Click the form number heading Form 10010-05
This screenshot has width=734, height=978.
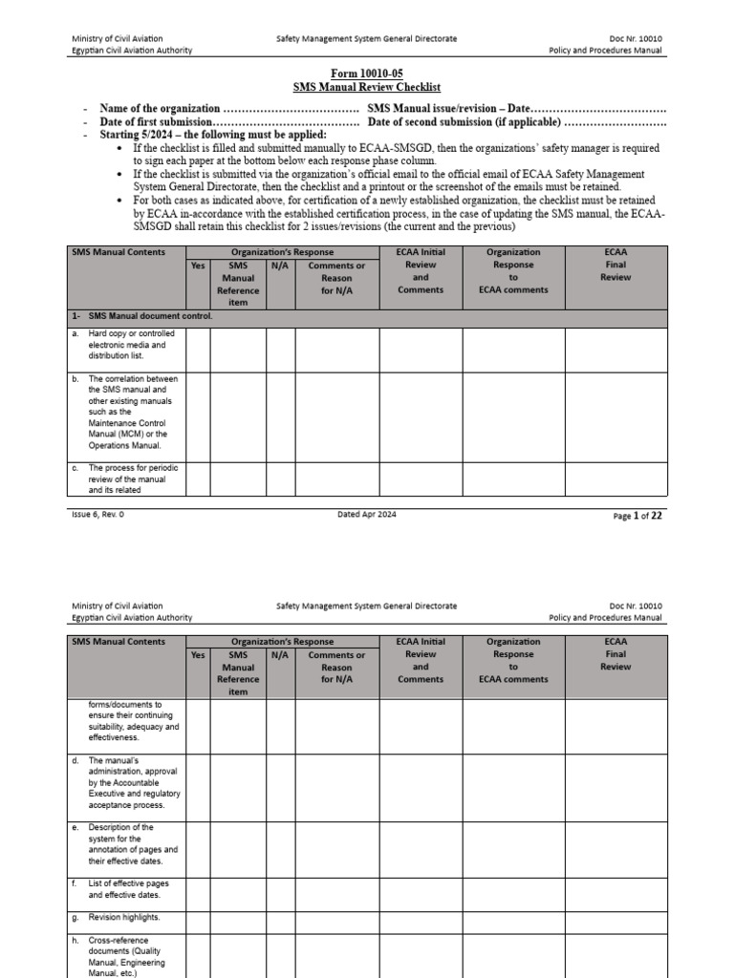366,74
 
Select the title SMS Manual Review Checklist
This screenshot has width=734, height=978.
366,87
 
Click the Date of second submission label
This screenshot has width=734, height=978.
463,122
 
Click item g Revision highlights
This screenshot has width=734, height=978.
123,917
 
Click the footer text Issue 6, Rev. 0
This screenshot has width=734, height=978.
97,515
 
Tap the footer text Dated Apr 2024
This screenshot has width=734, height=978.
366,515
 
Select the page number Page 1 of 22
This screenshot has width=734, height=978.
637,516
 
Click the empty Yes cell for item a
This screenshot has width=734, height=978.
198,349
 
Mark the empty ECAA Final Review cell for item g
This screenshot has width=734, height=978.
615,918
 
